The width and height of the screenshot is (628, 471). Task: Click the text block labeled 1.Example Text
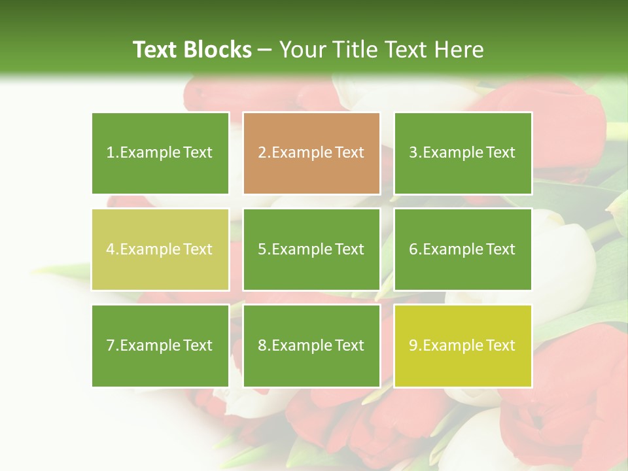coord(160,153)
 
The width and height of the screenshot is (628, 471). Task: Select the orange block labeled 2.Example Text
coord(311,153)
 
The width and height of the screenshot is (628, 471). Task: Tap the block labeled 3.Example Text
coord(462,153)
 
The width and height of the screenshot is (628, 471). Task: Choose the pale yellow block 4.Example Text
coord(160,249)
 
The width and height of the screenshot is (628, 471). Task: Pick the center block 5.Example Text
coord(311,249)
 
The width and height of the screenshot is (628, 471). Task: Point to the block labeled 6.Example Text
coord(462,249)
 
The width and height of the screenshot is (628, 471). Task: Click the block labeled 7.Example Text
coord(160,345)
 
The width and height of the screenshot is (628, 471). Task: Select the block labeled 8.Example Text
coord(311,345)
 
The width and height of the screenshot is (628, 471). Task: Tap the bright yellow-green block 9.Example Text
coord(462,345)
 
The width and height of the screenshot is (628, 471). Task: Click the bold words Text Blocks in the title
coord(192,50)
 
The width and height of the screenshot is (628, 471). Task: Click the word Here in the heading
coord(461,50)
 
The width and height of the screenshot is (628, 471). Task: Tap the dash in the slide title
coord(265,50)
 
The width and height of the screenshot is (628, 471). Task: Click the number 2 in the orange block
coord(262,153)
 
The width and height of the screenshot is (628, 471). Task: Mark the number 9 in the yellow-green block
coord(413,345)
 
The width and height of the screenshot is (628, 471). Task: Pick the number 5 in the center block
coord(262,249)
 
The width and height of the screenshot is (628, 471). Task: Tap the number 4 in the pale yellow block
coord(111,249)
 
